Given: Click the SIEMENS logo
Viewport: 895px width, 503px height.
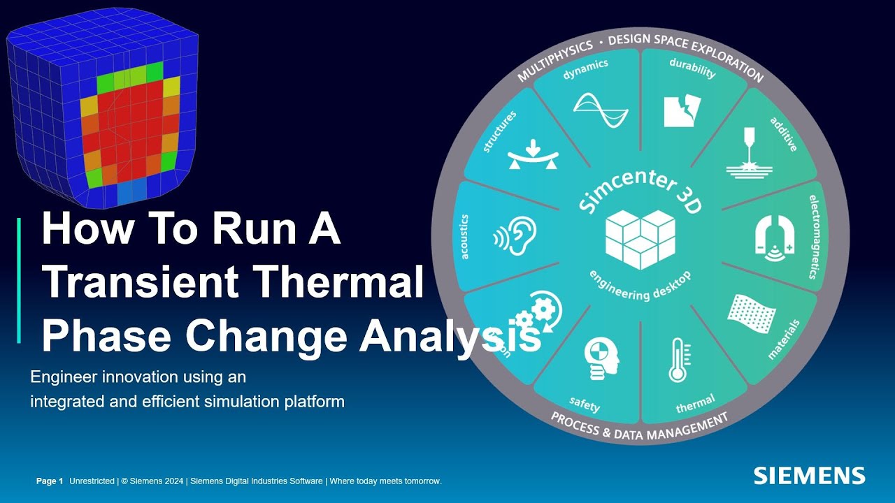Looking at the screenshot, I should click(x=809, y=476).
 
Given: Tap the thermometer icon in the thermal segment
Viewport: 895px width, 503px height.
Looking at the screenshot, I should click(x=677, y=360).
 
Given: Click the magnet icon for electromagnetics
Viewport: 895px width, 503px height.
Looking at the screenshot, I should click(x=773, y=238).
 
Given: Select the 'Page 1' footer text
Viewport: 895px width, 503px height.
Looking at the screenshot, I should click(x=50, y=481).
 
